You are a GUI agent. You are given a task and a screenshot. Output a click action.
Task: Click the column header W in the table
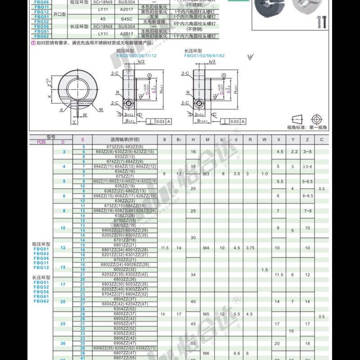(265, 139)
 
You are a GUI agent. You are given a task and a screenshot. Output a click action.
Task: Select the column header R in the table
(250, 139)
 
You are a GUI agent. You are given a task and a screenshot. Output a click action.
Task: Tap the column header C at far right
(321, 139)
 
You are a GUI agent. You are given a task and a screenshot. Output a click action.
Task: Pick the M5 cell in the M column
(207, 314)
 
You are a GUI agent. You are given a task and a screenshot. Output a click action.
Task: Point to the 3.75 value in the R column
(250, 247)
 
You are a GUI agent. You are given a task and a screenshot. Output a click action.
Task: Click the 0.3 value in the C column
(321, 189)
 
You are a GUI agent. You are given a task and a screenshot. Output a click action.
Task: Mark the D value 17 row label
(63, 284)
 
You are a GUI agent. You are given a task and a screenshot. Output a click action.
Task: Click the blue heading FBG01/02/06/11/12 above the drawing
(136, 56)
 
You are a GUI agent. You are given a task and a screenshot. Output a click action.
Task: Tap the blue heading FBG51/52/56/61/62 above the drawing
(204, 56)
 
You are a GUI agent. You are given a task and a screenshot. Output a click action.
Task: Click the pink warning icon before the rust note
(33, 43)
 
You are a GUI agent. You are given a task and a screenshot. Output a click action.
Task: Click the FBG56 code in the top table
(41, 26)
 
